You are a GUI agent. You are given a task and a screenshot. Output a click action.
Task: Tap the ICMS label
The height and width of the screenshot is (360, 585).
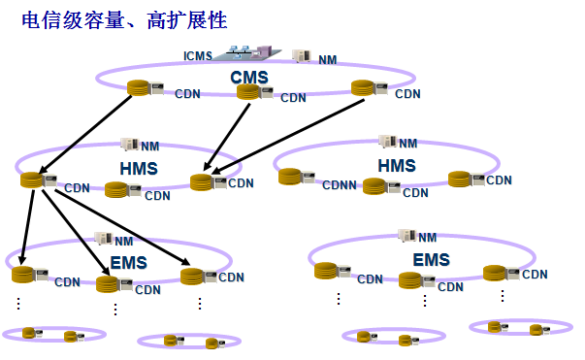200,56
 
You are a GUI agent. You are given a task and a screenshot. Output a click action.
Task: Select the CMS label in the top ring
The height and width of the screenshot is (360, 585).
249,77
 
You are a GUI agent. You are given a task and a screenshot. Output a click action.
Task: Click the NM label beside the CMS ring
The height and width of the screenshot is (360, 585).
329,60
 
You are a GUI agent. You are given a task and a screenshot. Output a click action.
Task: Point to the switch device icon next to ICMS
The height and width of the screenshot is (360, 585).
246,52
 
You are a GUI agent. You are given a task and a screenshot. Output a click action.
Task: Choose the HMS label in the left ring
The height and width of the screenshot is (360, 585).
138,169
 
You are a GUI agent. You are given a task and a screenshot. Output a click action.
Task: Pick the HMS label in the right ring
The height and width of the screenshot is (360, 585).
397,165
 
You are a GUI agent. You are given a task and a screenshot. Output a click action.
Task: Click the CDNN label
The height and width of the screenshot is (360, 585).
340,185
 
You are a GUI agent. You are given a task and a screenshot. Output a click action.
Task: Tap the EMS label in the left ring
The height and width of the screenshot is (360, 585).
128,262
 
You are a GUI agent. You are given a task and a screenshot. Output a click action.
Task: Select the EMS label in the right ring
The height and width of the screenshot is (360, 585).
432,260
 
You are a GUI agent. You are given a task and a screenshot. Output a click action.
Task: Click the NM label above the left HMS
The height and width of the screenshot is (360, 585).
149,147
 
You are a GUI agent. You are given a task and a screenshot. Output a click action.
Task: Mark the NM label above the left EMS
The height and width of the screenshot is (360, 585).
123,241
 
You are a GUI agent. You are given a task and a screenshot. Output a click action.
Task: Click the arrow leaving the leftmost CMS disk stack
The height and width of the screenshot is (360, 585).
86,135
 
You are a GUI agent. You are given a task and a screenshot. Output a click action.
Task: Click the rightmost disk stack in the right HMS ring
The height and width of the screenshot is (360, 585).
461,179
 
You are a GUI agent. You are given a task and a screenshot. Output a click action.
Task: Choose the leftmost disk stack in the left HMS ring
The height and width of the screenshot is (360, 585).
32,180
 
